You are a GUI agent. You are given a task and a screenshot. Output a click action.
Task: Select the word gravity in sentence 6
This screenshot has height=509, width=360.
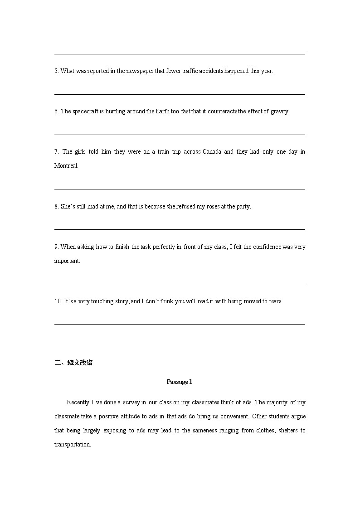click(x=280, y=111)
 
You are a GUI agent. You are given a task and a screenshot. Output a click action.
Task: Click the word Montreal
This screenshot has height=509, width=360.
click(x=66, y=166)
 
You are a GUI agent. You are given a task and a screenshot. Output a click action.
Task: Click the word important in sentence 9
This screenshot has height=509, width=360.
click(x=67, y=261)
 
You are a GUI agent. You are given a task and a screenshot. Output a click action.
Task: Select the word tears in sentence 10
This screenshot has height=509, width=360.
click(x=275, y=301)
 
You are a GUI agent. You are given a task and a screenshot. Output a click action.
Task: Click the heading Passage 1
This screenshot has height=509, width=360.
click(x=180, y=382)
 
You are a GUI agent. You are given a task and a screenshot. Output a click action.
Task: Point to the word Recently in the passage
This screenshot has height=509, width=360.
click(x=78, y=402)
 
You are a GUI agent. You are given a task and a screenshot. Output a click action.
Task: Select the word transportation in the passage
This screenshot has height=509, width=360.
click(x=72, y=445)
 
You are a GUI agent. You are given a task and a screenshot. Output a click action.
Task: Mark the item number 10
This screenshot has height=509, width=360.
click(x=58, y=301)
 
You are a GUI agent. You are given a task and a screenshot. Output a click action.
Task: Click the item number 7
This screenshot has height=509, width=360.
click(x=56, y=152)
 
